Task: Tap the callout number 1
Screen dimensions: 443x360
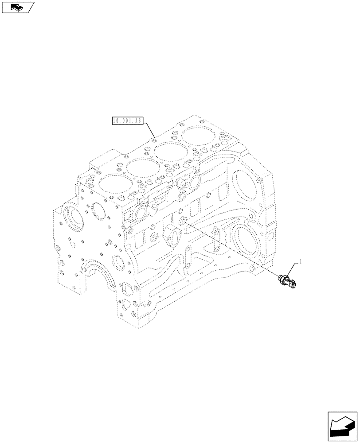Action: pos(300,262)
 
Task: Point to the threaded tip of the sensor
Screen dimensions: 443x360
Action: pos(280,278)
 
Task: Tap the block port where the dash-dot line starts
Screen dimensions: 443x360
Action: pos(183,220)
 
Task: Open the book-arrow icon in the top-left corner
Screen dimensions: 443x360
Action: pos(17,7)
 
